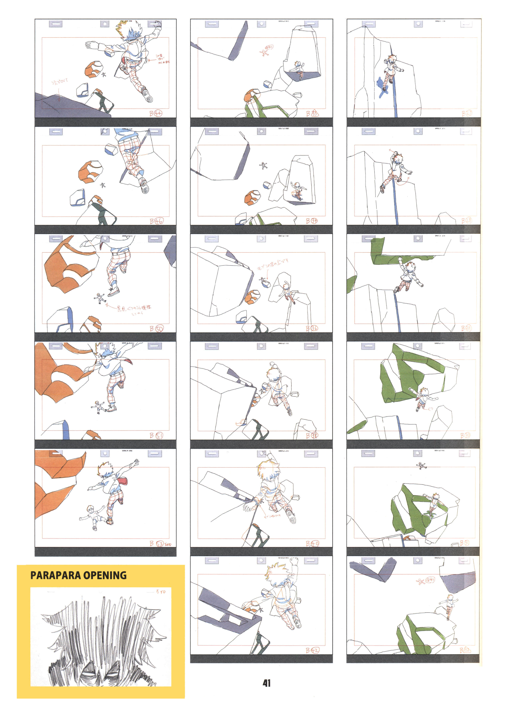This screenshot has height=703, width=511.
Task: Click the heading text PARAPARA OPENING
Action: [x=78, y=575]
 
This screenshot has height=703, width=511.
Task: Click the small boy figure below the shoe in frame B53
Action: [x=92, y=517]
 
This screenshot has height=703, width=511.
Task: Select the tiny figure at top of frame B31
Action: [x=421, y=465]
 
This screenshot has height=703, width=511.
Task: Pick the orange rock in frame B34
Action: [x=252, y=198]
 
